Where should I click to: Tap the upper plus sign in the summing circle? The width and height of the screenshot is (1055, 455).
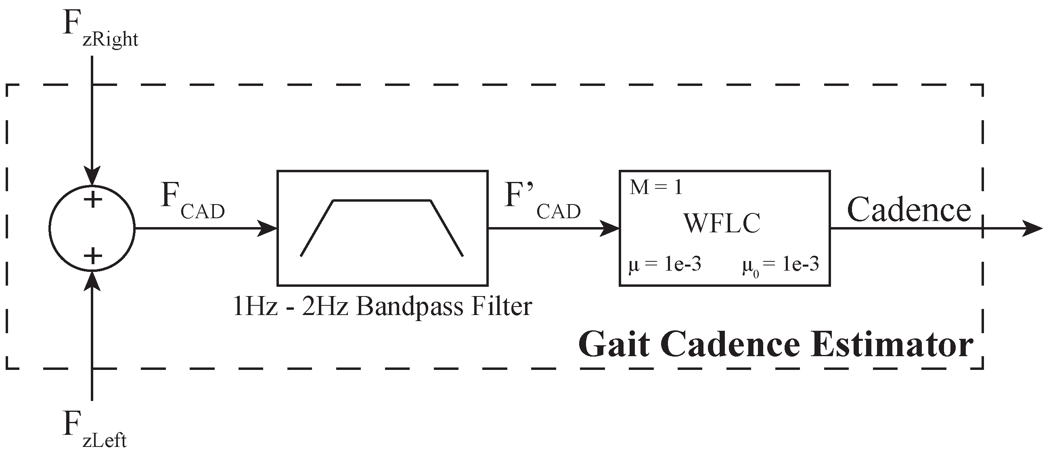pos(93,200)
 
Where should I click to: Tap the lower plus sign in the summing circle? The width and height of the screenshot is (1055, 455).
pos(93,256)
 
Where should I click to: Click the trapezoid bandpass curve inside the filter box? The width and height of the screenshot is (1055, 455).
pos(382,201)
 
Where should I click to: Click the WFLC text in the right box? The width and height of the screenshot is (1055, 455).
pos(722,223)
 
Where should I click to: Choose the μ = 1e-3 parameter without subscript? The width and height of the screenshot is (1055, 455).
pos(665,265)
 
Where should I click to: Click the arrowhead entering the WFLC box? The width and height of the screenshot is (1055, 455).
pos(610,228)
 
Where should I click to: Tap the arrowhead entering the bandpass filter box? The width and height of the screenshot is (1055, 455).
pos(268,228)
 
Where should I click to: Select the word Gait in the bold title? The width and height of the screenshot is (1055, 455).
pos(614,345)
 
